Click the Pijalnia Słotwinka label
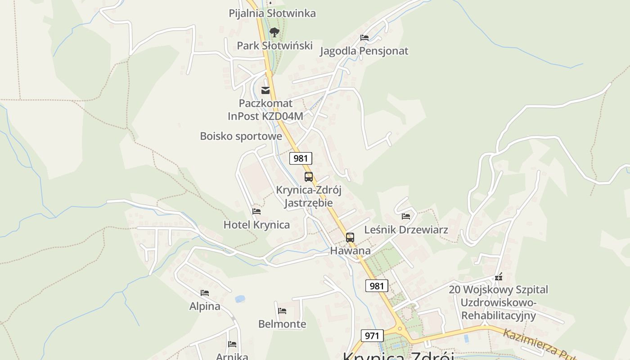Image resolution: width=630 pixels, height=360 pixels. pyautogui.click(x=272, y=13)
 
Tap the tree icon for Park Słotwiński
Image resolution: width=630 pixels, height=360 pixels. pyautogui.click(x=274, y=32)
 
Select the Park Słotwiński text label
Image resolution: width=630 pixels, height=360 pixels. pyautogui.click(x=274, y=45)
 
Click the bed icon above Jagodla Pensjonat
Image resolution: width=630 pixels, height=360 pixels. pyautogui.click(x=364, y=38)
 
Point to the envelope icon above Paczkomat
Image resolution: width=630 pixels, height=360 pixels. pyautogui.click(x=266, y=90)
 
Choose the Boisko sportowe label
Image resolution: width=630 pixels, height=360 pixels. pyautogui.click(x=241, y=136)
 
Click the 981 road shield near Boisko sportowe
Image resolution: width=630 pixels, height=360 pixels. pyautogui.click(x=301, y=158)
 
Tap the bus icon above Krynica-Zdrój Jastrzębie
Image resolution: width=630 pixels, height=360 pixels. pyautogui.click(x=308, y=177)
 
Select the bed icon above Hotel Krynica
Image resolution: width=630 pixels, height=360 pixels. pyautogui.click(x=256, y=211)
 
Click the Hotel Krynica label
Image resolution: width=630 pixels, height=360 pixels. pyautogui.click(x=256, y=225)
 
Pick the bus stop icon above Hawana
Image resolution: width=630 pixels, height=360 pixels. pyautogui.click(x=350, y=237)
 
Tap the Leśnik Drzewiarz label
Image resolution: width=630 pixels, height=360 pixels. pyautogui.click(x=406, y=230)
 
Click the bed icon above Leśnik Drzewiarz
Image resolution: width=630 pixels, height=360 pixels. pyautogui.click(x=406, y=216)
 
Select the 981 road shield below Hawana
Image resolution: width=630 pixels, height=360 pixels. pyautogui.click(x=377, y=286)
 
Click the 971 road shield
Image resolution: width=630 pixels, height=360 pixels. pyautogui.click(x=372, y=336)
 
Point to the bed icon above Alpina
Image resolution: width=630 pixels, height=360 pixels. pyautogui.click(x=205, y=293)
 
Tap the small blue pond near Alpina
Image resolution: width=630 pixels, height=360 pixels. pyautogui.click(x=240, y=299)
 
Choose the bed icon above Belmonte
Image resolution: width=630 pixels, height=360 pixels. pyautogui.click(x=282, y=310)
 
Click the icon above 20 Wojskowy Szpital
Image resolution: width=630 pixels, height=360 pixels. pyautogui.click(x=498, y=277)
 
